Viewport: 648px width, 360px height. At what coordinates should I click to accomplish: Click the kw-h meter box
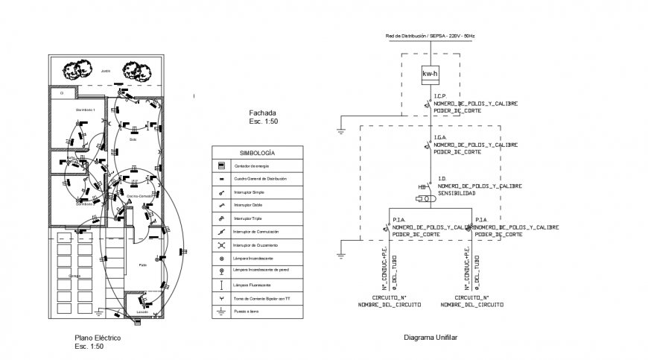click(x=430, y=75)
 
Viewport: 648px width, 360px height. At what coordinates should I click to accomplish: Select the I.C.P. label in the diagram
click(x=440, y=96)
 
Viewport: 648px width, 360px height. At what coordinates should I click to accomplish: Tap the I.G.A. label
click(x=440, y=137)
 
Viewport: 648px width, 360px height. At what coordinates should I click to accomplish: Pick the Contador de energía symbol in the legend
click(x=221, y=165)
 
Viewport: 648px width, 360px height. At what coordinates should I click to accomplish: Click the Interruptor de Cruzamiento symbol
click(x=221, y=245)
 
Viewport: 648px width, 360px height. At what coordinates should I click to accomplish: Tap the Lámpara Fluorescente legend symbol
click(x=221, y=285)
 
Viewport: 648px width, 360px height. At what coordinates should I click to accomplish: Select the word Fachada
click(x=262, y=112)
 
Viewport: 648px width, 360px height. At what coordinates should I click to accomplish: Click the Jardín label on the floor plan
click(x=106, y=72)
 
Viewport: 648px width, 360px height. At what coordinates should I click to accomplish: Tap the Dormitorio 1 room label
click(x=86, y=110)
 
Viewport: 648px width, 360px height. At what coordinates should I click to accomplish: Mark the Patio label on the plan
click(x=142, y=265)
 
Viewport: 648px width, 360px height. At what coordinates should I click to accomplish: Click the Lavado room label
click(x=142, y=311)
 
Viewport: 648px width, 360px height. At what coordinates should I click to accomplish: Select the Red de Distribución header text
click(x=430, y=36)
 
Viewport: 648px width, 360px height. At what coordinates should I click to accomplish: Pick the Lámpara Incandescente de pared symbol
click(x=221, y=272)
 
